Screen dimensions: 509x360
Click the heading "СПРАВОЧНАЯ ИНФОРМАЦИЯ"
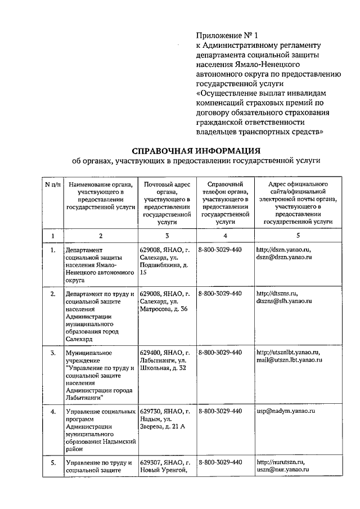[x=196, y=150]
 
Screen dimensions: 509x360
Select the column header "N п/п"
[x=52, y=184]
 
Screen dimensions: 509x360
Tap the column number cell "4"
[x=224, y=236]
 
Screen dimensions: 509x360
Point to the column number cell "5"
[x=298, y=236]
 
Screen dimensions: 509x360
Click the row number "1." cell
[x=52, y=250]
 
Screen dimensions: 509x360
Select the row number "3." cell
[x=52, y=353]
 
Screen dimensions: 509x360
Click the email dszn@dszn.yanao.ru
[x=283, y=257]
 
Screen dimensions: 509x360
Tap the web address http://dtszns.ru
[x=277, y=294]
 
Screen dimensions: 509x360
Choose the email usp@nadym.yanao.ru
[x=285, y=411]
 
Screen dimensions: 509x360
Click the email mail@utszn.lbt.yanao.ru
[x=289, y=360]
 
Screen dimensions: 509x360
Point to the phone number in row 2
[x=220, y=294]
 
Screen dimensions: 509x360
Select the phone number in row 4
[x=220, y=411]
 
